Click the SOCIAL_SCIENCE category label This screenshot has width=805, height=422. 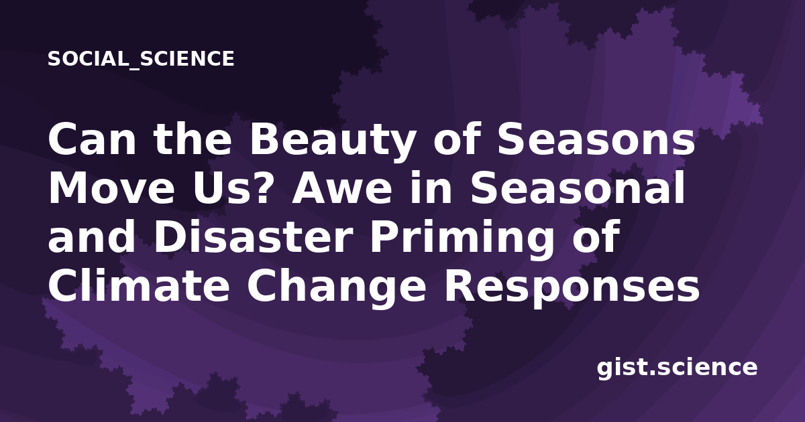pos(141,59)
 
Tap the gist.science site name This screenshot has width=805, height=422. pos(677,368)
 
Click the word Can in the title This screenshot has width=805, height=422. pos(92,139)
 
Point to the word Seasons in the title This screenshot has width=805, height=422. pos(596,139)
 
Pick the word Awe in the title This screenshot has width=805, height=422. pos(341,188)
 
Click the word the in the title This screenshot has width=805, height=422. pos(193,139)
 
